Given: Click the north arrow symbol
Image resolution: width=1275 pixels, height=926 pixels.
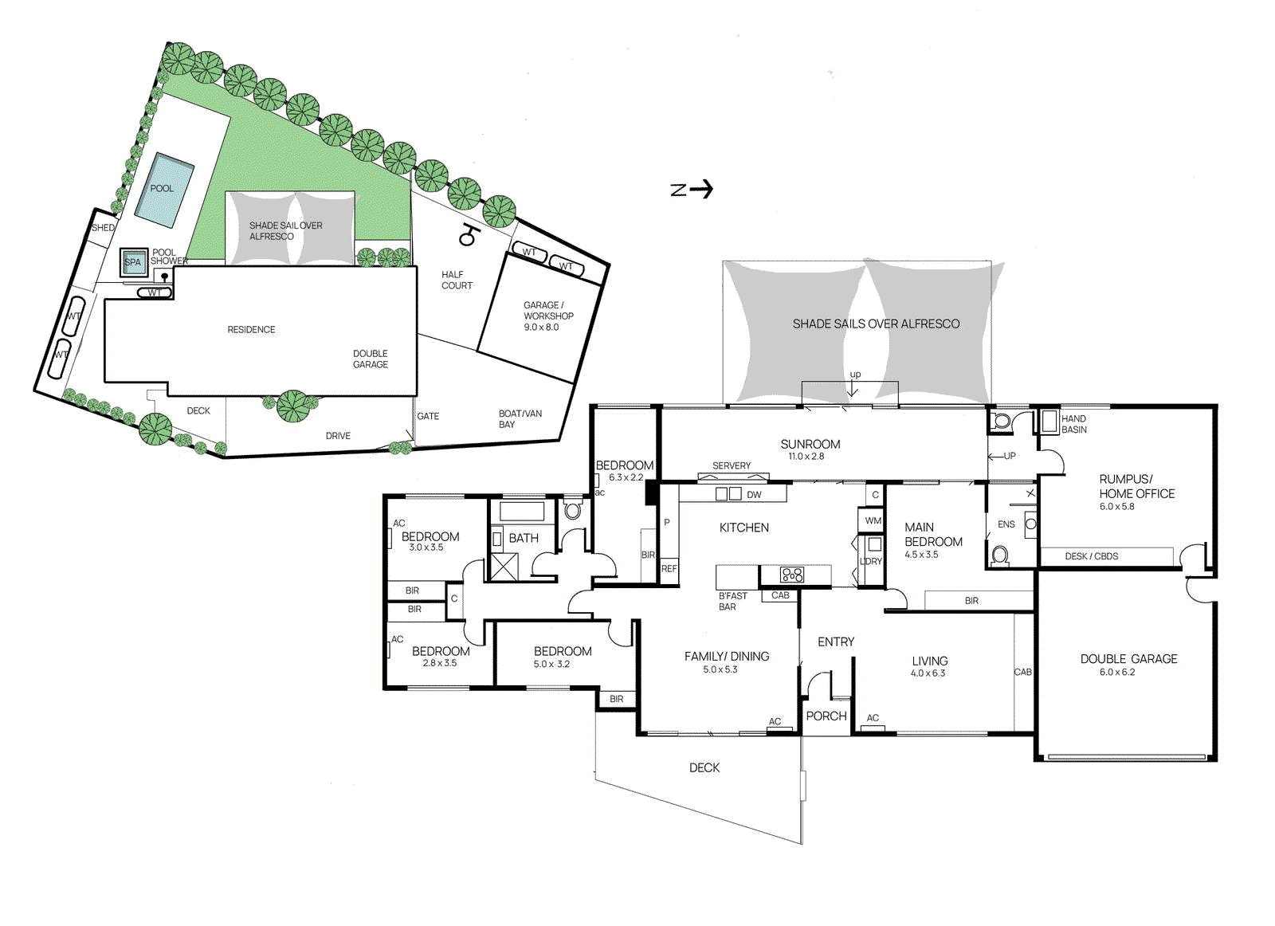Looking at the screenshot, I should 692,189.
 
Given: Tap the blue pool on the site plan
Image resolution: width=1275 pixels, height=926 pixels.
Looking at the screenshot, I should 164,189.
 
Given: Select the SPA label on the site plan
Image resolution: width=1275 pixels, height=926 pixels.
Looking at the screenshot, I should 132,262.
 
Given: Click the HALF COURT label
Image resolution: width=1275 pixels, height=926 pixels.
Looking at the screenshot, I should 457,280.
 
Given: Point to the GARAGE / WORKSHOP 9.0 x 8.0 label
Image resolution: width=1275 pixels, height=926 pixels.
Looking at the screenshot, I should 547,316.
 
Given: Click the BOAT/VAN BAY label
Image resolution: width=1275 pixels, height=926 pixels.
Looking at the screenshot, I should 520,419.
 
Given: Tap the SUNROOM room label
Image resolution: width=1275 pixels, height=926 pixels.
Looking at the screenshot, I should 810,445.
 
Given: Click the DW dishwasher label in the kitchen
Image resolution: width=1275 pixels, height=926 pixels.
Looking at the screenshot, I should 754,495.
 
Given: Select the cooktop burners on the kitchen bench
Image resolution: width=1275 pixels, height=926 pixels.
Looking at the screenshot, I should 792,575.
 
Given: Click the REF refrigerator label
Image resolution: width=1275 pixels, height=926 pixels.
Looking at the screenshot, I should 669,569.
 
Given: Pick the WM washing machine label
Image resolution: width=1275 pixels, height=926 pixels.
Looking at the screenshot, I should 873,521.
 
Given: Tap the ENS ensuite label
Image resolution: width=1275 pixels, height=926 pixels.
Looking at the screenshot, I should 1006,524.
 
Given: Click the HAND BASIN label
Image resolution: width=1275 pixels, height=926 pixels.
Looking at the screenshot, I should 1073,424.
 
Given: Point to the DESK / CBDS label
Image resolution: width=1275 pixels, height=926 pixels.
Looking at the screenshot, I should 1091,556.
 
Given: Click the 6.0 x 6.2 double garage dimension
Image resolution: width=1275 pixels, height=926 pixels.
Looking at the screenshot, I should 1117,673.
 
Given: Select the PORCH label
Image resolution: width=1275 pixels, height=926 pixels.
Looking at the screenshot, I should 826,716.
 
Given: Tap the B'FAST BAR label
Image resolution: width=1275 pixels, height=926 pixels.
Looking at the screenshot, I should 732,602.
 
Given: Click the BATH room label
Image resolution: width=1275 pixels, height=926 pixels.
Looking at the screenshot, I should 524,539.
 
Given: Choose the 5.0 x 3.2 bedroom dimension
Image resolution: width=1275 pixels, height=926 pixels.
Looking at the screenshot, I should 551,665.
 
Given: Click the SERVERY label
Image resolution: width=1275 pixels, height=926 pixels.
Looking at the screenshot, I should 731,466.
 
